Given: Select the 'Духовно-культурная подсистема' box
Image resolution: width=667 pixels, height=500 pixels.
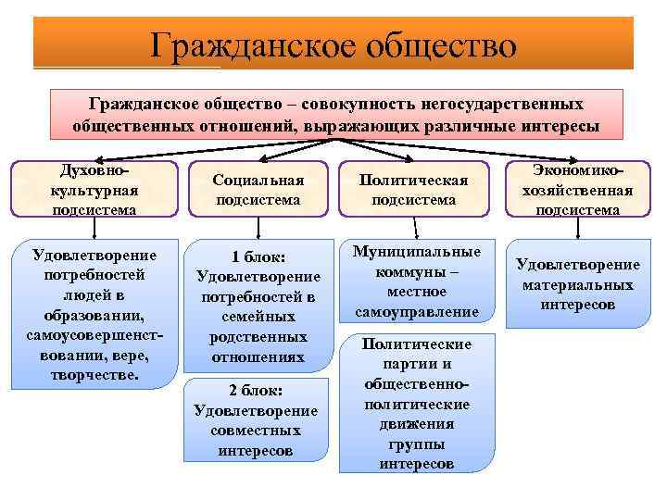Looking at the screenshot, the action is (92, 189).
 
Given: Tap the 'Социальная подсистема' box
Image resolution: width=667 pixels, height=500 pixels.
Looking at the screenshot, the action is (259, 189).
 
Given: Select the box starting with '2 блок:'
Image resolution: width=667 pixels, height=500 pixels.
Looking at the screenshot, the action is (256, 420).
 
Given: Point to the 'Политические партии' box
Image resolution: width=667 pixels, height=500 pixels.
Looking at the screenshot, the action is (416, 404).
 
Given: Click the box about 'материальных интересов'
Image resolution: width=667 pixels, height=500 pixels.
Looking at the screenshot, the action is (577, 284).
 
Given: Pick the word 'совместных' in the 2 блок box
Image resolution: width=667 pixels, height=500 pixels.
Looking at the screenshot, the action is (256, 431).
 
